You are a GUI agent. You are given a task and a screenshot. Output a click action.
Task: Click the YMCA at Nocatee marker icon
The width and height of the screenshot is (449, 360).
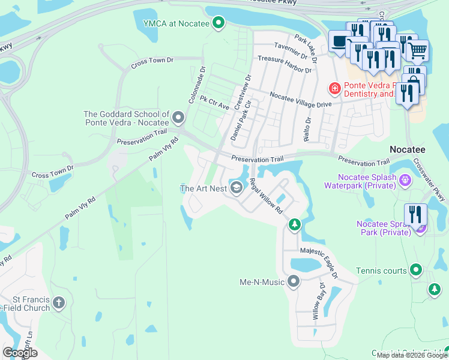pyautogui.click(x=218, y=23)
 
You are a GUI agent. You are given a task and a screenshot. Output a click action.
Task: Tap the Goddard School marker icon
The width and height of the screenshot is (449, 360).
pyautogui.click(x=178, y=116)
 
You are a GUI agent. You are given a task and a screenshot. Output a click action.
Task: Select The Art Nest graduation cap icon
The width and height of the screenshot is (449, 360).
pyautogui.click(x=237, y=188)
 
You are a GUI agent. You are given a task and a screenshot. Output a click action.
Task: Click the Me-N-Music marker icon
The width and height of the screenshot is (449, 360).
pyautogui.click(x=294, y=281)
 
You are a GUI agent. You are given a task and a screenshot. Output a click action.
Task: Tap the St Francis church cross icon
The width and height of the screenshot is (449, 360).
pyautogui.click(x=58, y=302)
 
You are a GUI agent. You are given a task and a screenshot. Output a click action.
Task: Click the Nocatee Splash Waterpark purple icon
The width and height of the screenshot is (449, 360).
pyautogui.click(x=405, y=178)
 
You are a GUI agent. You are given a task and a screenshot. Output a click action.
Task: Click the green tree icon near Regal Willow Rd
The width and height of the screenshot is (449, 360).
pyautogui.click(x=294, y=224)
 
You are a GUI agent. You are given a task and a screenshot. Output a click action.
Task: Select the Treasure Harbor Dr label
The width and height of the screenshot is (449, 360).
pyautogui.click(x=285, y=65)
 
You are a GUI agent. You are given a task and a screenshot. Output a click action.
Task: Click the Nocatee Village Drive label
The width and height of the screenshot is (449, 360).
pyautogui.click(x=301, y=100)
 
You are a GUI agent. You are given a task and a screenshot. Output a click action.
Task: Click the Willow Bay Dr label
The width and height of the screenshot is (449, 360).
pyautogui.click(x=318, y=299)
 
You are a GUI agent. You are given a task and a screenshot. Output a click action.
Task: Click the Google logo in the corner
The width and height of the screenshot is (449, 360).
pyautogui.click(x=20, y=353)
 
